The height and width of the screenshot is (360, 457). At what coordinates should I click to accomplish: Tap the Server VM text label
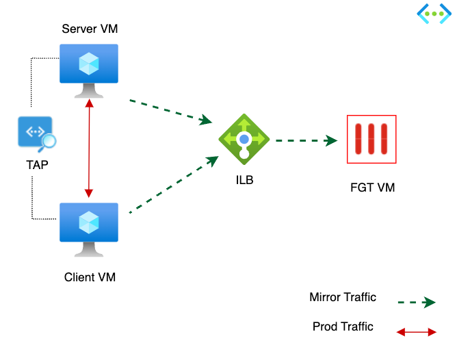pyautogui.click(x=90, y=29)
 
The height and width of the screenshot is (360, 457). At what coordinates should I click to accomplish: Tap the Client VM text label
pyautogui.click(x=90, y=277)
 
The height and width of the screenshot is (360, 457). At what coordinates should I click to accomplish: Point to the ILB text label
pyautogui.click(x=244, y=181)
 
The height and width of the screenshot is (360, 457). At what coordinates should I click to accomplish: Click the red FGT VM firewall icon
pyautogui.click(x=371, y=140)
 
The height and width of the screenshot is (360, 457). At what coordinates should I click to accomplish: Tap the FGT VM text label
pyautogui.click(x=371, y=187)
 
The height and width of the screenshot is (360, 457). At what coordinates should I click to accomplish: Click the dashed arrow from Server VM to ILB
pyautogui.click(x=170, y=112)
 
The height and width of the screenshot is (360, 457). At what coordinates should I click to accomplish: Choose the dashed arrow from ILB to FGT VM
pyautogui.click(x=306, y=140)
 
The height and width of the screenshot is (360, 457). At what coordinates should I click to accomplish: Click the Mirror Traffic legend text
pyautogui.click(x=343, y=297)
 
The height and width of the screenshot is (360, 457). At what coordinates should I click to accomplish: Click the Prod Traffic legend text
pyautogui.click(x=343, y=326)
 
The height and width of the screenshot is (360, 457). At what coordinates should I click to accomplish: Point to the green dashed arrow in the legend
pyautogui.click(x=416, y=303)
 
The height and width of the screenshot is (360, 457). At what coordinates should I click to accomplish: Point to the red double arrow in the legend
pyautogui.click(x=416, y=332)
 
